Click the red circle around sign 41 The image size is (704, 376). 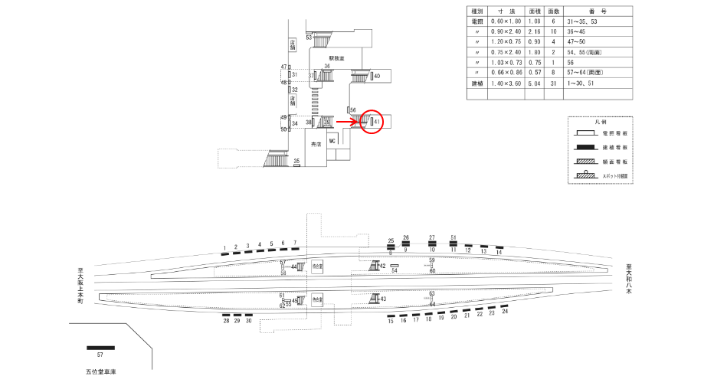[372, 121]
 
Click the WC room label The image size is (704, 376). [332, 142]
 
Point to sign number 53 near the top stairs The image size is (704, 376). [309, 37]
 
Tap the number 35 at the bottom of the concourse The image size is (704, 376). [296, 161]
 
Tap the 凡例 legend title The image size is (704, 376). [601, 122]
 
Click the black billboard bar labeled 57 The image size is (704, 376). [100, 348]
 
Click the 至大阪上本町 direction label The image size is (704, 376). [79, 286]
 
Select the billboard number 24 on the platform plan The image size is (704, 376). [505, 312]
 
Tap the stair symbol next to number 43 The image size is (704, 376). [375, 299]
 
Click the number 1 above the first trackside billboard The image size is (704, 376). [224, 247]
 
